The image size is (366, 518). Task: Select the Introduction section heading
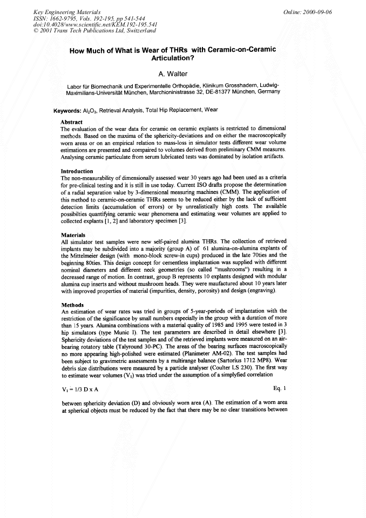(77, 171)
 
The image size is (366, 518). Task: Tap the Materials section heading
(73, 235)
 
